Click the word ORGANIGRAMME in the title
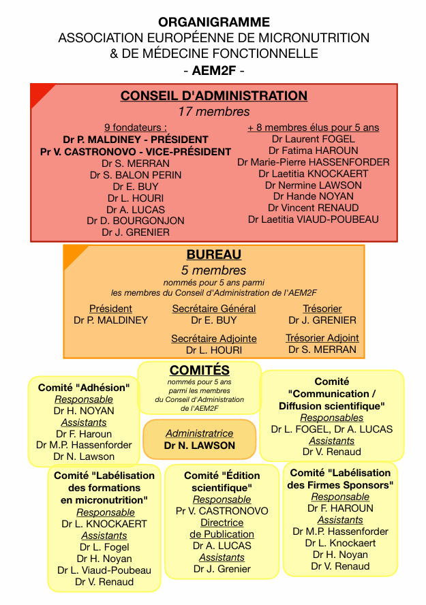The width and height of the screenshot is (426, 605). click(x=213, y=22)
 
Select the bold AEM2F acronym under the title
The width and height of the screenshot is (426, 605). click(x=213, y=69)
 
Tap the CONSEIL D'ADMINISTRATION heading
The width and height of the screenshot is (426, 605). click(x=213, y=96)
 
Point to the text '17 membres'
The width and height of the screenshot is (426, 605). click(x=213, y=112)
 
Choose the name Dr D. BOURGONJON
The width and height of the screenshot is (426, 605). click(x=136, y=221)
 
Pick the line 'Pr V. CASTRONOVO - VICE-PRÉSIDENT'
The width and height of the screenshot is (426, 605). click(x=136, y=152)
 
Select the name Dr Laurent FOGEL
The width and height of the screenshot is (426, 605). click(x=313, y=139)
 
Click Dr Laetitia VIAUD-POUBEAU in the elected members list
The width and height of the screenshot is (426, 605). click(x=313, y=219)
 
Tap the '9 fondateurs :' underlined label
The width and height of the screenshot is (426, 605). click(x=136, y=127)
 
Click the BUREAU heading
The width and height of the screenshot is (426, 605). click(x=213, y=255)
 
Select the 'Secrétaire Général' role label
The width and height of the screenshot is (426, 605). click(x=213, y=309)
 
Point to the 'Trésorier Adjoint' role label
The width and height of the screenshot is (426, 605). click(x=322, y=338)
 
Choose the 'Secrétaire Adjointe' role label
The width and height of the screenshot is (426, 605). click(x=213, y=339)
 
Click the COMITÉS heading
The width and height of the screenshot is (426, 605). click(x=199, y=371)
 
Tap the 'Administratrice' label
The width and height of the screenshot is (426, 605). click(x=199, y=433)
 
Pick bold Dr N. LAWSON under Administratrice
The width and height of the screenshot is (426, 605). click(x=199, y=446)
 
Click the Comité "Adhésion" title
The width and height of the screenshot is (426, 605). click(x=84, y=388)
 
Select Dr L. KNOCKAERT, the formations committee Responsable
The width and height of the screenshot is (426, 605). click(x=104, y=524)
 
